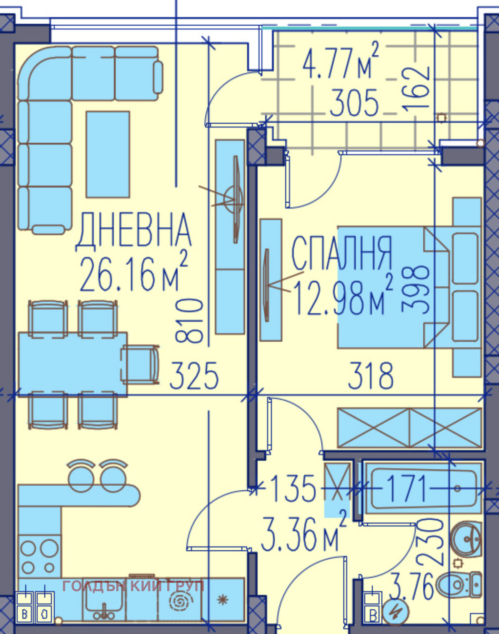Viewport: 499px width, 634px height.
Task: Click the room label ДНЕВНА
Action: [133, 231]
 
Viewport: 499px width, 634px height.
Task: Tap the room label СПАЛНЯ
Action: [342, 253]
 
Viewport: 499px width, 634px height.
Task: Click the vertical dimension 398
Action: [416, 288]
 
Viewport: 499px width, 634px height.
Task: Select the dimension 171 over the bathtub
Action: [407, 488]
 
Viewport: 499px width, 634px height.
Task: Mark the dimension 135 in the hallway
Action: [292, 488]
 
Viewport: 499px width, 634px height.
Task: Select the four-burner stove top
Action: [40, 556]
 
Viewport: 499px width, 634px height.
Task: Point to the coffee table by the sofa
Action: [108, 154]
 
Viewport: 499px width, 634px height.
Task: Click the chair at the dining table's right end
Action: [140, 365]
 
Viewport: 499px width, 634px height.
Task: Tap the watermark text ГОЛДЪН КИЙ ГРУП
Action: [133, 586]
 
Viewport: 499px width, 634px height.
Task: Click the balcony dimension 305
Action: [354, 103]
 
